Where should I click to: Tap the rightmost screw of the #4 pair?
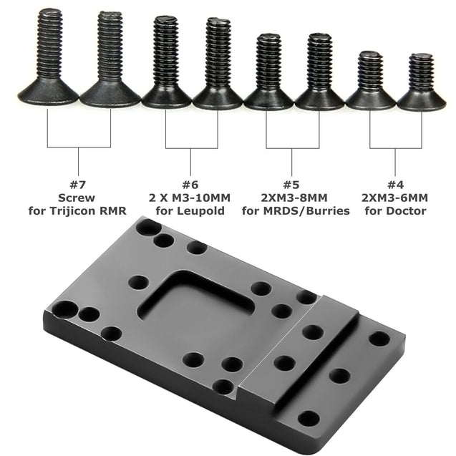pyautogui.click(x=422, y=82)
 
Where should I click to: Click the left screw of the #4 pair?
pyautogui.click(x=370, y=82)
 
